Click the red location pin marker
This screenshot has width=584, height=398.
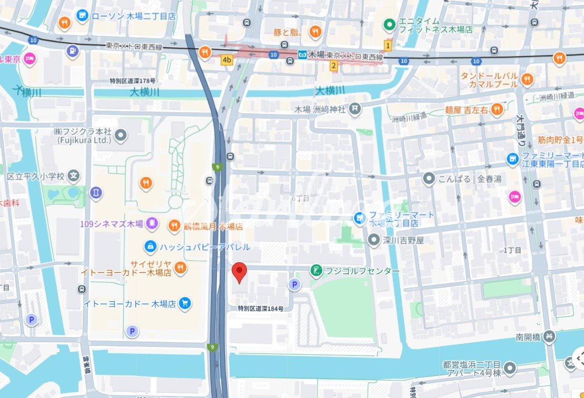[x=240, y=272]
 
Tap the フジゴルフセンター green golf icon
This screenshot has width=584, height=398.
[x=316, y=271]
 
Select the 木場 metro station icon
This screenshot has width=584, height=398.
[x=302, y=55]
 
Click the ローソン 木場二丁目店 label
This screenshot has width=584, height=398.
[x=134, y=16]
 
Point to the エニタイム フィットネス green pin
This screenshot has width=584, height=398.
[x=389, y=24]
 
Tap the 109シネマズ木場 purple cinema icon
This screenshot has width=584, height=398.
[x=152, y=224]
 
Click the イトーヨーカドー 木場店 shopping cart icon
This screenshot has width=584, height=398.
[x=184, y=303]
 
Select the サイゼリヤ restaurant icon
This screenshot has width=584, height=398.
[x=180, y=267]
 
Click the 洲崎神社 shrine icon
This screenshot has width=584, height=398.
[x=355, y=109]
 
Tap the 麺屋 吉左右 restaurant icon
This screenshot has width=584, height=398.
[x=497, y=109]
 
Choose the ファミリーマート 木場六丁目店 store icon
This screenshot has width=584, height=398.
[x=360, y=217]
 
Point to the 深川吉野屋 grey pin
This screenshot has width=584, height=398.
[x=373, y=241]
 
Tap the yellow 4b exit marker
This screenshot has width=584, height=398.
[x=227, y=60]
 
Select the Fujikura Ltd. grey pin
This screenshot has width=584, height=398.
[x=121, y=136]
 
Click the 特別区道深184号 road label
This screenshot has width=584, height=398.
[x=260, y=309]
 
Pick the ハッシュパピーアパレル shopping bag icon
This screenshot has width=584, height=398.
[x=150, y=246]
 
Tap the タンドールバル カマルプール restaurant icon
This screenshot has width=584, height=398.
[x=527, y=79]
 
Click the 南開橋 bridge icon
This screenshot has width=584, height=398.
[x=549, y=335]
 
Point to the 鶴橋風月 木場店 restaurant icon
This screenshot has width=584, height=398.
[x=174, y=226]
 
